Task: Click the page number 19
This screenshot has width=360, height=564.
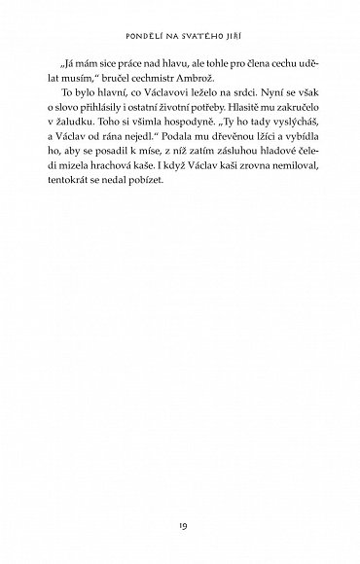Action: click(179, 503)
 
